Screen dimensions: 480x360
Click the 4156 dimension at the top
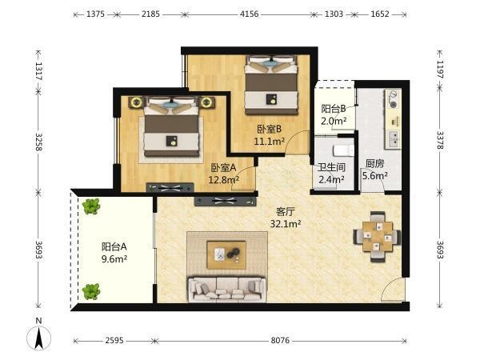tap(249, 14)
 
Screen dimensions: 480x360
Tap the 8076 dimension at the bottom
tap(280, 341)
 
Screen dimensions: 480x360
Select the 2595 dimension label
tap(114, 341)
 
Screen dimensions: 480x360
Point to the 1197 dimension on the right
tap(440, 70)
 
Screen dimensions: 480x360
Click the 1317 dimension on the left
tap(38, 71)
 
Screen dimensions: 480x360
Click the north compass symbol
tap(39, 334)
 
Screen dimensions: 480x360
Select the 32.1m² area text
tap(286, 224)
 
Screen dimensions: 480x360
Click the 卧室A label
tap(224, 168)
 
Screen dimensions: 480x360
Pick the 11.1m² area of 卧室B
tap(270, 142)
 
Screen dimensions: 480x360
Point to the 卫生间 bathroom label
tap(331, 167)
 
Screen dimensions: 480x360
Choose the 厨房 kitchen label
tap(374, 163)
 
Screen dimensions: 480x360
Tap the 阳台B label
tap(334, 109)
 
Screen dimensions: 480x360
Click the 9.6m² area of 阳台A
tap(114, 259)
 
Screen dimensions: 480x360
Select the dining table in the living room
tap(377, 236)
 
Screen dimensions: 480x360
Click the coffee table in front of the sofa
tap(226, 255)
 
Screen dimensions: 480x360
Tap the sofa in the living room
tap(227, 290)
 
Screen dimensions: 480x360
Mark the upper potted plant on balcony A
tap(91, 206)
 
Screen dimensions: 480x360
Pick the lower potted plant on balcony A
tap(91, 291)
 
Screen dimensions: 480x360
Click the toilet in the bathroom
tap(343, 150)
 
